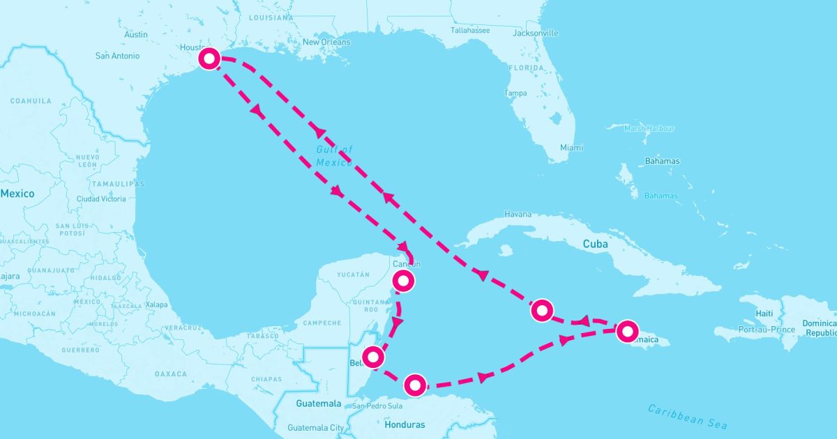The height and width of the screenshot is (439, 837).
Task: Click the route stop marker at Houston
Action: [x=209, y=59]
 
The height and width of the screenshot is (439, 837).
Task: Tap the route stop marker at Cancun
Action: [x=403, y=281]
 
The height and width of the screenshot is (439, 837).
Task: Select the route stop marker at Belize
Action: [x=374, y=357]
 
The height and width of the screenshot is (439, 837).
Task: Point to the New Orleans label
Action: [x=326, y=43]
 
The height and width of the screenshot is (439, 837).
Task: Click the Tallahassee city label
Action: [x=470, y=31]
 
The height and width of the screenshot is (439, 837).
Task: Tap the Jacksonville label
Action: [x=535, y=33]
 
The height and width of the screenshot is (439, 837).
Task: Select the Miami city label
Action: [x=571, y=148]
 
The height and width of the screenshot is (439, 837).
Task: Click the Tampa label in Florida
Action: [x=515, y=93]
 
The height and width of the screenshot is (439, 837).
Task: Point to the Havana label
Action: [x=517, y=215]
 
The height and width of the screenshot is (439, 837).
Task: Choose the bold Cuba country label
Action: [x=596, y=245]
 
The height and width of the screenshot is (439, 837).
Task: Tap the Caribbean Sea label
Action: [x=687, y=416]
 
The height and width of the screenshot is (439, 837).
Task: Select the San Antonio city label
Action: [x=117, y=56]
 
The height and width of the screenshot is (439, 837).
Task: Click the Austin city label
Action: [x=136, y=34]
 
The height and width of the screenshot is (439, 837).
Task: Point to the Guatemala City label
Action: [x=316, y=428]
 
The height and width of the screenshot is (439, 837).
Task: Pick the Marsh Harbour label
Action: [x=649, y=128]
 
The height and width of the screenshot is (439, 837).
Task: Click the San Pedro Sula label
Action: [x=379, y=406]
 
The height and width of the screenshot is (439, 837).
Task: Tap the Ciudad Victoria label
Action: [x=101, y=199]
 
